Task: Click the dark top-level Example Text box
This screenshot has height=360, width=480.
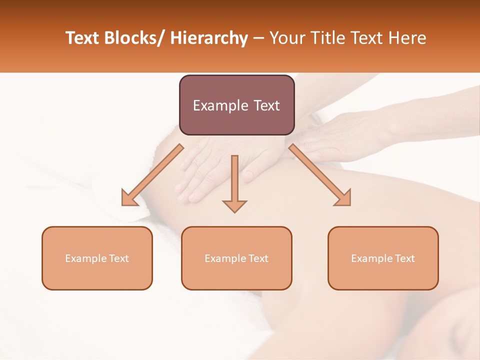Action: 236,105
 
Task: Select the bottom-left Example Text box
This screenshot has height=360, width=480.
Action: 97,258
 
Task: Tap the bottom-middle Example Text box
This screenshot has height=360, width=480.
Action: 236,258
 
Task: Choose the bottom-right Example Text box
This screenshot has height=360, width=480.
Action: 383,258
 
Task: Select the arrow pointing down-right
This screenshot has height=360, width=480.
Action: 320,175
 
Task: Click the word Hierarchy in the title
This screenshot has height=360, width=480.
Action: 208,38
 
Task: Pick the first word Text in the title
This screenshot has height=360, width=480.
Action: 83,38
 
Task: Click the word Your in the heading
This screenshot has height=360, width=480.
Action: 286,38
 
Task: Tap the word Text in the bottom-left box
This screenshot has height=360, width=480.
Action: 118,258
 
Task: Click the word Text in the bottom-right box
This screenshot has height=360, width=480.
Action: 404,258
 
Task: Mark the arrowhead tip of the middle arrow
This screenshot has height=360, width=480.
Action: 234,212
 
